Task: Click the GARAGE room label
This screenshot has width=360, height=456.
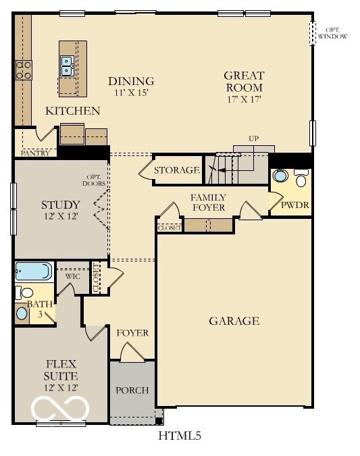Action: tap(234, 321)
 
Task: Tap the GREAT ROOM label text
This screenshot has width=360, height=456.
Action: tap(244, 81)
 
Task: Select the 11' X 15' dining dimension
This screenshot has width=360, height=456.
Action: tap(131, 94)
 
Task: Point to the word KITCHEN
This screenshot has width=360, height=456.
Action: tap(72, 111)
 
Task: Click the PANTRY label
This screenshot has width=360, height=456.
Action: tap(34, 153)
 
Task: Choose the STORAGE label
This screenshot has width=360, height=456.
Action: tap(176, 170)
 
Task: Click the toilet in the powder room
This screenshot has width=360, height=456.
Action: tap(301, 178)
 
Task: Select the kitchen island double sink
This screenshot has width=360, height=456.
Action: tap(68, 65)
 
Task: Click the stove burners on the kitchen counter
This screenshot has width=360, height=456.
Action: tap(24, 70)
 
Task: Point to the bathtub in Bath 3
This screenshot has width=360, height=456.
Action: tap(32, 271)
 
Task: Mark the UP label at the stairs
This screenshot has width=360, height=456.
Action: tap(253, 138)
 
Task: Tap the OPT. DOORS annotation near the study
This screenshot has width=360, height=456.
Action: tap(91, 180)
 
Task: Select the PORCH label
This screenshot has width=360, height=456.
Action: tap(132, 390)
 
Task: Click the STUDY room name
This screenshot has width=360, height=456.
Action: tap(61, 205)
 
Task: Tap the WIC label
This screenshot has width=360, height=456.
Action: tap(73, 276)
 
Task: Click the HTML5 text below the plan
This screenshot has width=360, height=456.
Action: tap(180, 436)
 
